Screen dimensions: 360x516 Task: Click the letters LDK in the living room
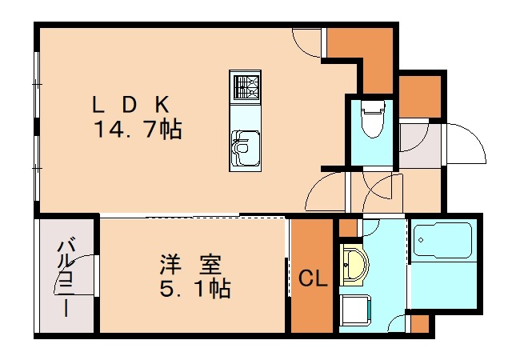click(x=133, y=104)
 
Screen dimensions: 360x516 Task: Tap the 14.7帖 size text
click(x=135, y=128)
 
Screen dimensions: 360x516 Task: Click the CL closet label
click(x=312, y=279)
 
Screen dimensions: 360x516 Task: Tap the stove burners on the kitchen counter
click(x=246, y=85)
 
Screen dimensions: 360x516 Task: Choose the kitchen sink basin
click(x=245, y=143)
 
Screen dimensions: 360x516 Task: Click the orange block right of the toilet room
click(x=419, y=97)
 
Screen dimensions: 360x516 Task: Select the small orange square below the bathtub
click(x=418, y=323)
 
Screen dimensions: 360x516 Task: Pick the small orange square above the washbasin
click(x=348, y=227)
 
